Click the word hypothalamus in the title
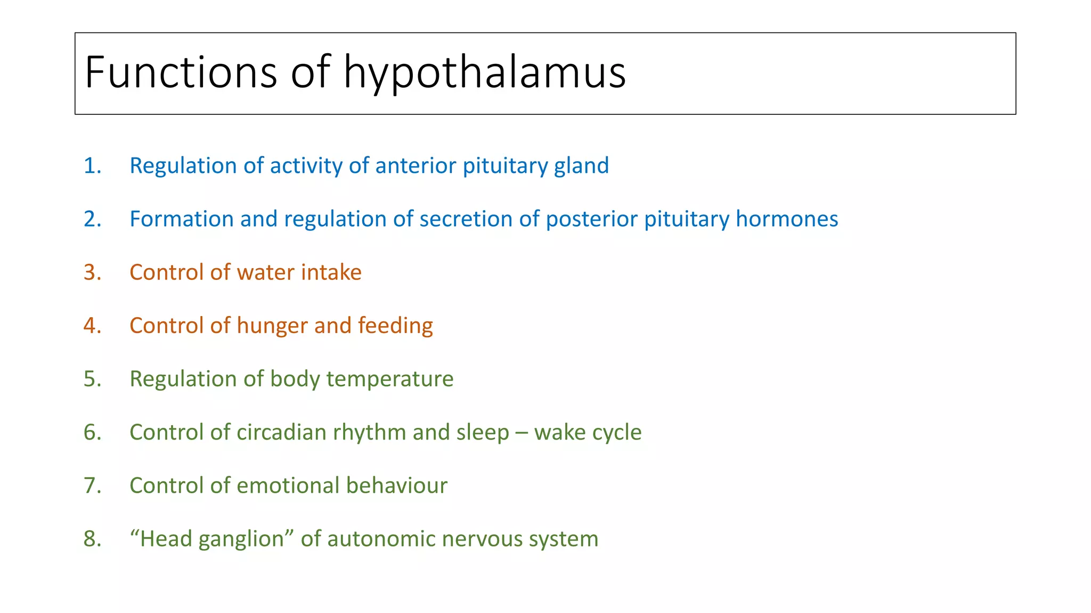pos(484,72)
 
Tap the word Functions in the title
pos(181,72)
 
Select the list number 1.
pos(92,166)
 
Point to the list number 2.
pos(92,219)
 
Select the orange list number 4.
pos(92,326)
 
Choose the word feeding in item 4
pos(395,326)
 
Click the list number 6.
pos(92,432)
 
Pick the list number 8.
pos(92,539)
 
